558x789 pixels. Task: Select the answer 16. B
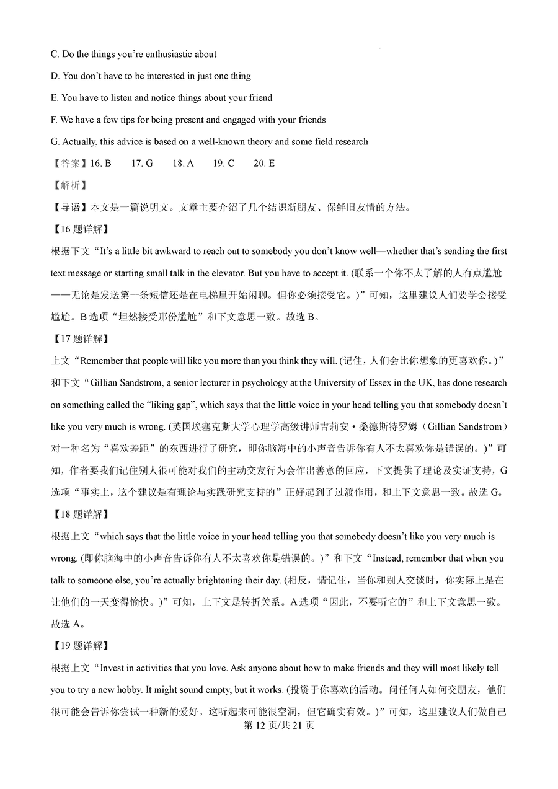point(100,164)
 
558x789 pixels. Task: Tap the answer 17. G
point(141,164)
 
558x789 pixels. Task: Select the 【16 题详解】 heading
point(79,229)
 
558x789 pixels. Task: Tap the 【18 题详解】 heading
point(79,514)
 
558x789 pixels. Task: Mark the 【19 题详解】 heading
point(79,646)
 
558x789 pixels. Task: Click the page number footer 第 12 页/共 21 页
point(278,725)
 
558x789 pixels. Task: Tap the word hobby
point(148,690)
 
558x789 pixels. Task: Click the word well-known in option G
point(224,142)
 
